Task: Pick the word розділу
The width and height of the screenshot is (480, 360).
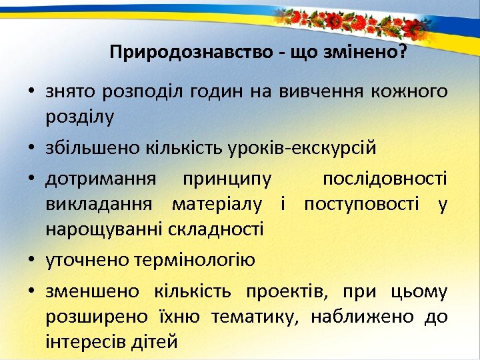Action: tap(80, 117)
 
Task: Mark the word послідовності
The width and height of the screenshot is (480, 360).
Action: tap(385, 179)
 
